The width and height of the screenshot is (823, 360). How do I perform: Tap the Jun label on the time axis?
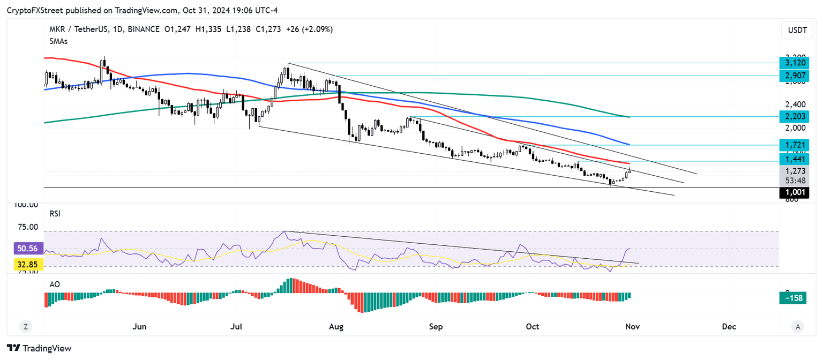coord(139,326)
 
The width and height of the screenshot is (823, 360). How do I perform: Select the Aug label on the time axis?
coord(336,326)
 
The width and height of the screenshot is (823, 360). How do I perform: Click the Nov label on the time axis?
coord(630,326)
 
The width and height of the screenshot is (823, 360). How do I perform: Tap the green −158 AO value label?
coord(794,298)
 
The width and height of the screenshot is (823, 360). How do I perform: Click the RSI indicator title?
coord(55,213)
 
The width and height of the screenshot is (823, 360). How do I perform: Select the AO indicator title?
coord(54,284)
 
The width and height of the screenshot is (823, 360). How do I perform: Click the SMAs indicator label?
coord(58,41)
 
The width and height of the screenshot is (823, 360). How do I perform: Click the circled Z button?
coord(25,326)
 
